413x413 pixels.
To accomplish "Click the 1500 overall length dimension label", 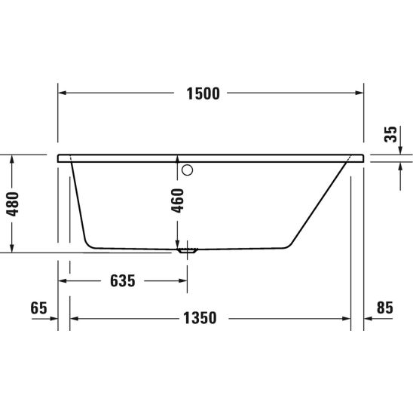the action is pyautogui.click(x=203, y=93).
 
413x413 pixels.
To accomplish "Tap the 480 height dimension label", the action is pyautogui.click(x=13, y=204).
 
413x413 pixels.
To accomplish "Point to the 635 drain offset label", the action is pyautogui.click(x=123, y=281).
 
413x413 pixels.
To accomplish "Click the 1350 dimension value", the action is pyautogui.click(x=200, y=318).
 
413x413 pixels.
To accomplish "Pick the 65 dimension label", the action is pyautogui.click(x=38, y=308).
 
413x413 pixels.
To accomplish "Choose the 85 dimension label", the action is pyautogui.click(x=385, y=307).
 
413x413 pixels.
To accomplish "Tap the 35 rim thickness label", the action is pyautogui.click(x=390, y=134).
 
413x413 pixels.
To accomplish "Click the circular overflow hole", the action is pyautogui.click(x=187, y=170).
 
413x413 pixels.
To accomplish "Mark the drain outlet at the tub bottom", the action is pyautogui.click(x=187, y=250).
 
